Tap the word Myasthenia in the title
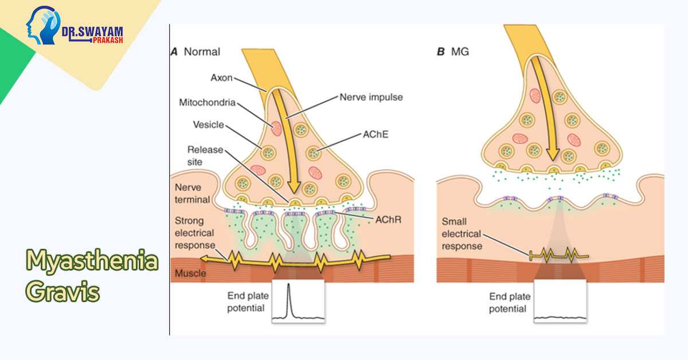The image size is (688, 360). pyautogui.click(x=92, y=261)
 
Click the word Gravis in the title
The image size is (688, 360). pyautogui.click(x=63, y=292)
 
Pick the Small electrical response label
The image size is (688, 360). pyautogui.click(x=462, y=234)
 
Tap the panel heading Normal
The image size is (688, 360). pyautogui.click(x=201, y=52)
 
